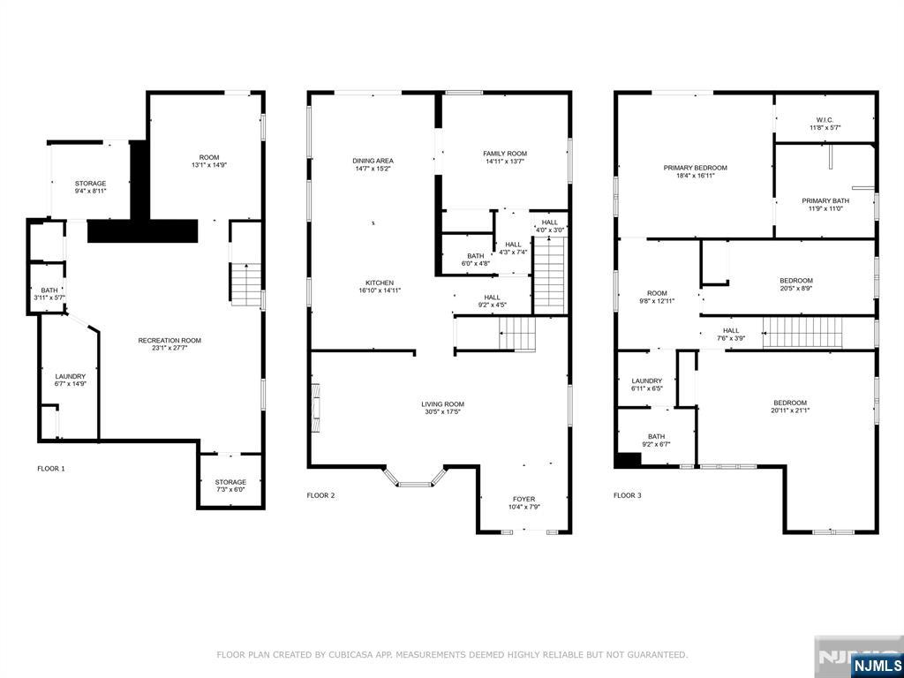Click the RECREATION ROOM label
(x=169, y=341)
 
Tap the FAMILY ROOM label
(x=505, y=154)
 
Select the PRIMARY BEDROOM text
(x=695, y=168)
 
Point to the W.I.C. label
(x=825, y=120)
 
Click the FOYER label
(x=524, y=500)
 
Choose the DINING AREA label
(x=373, y=161)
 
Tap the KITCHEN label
(x=380, y=283)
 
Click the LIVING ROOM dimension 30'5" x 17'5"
(x=443, y=411)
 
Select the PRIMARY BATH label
(x=825, y=200)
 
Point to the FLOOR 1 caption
(x=51, y=469)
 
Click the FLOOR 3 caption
(x=628, y=495)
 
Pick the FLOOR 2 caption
(x=320, y=495)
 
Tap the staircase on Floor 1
(x=246, y=283)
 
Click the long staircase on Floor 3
(x=802, y=332)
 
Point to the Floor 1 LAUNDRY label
(x=71, y=376)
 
